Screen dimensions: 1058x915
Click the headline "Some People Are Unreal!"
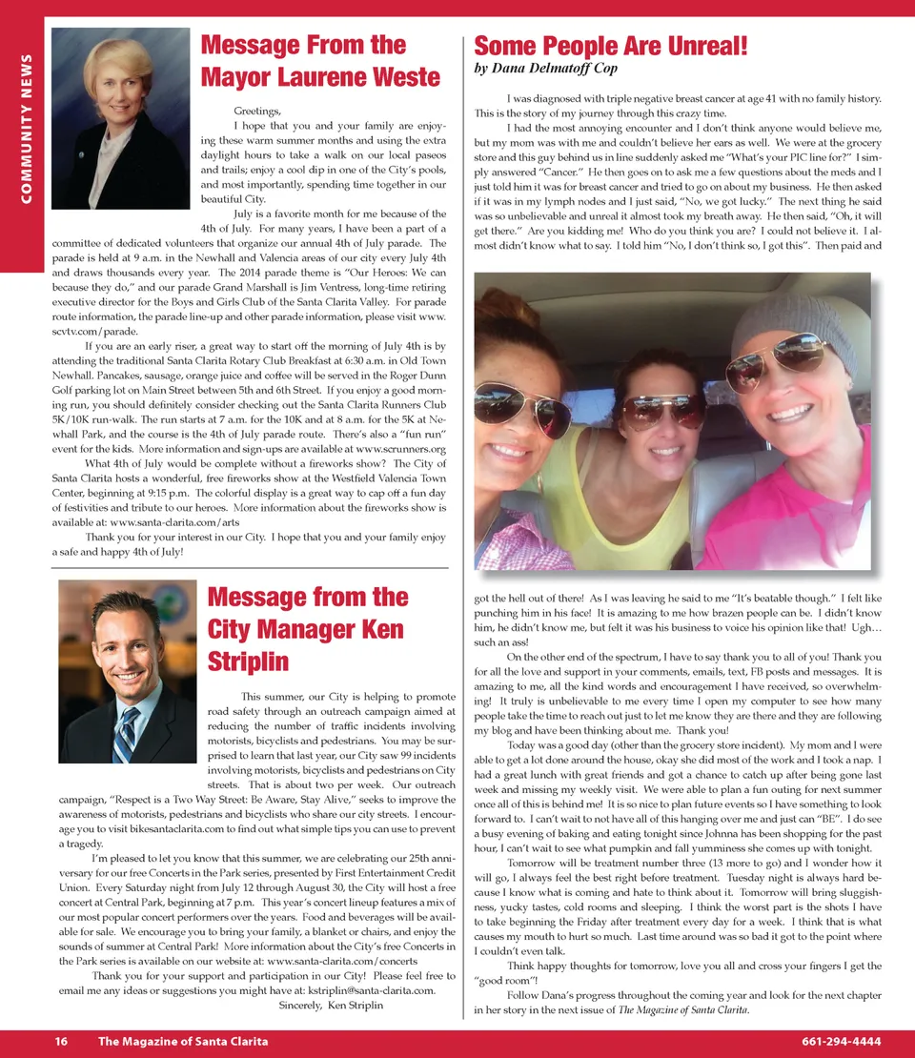coord(610,46)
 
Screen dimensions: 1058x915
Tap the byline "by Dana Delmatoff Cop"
coord(545,70)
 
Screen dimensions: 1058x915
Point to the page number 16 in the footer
coord(60,1042)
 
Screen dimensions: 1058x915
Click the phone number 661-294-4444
coord(842,1042)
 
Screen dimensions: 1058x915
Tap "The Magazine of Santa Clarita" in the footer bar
coord(182,1042)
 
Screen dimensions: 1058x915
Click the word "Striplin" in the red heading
coord(250,661)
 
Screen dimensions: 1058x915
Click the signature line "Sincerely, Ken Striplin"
coord(331,1005)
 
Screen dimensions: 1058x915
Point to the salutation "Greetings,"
coord(257,112)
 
